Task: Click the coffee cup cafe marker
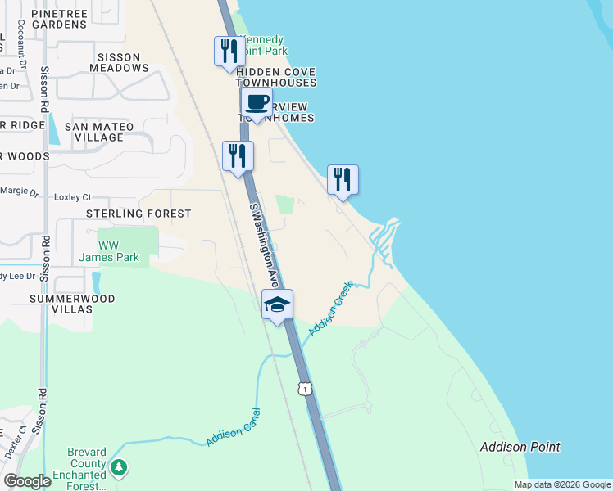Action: click(x=257, y=103)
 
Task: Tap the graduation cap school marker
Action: click(x=278, y=305)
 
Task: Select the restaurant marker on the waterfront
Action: click(x=343, y=180)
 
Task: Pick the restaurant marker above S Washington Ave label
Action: click(x=238, y=155)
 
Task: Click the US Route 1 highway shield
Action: click(x=305, y=389)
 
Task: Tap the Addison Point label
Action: click(x=520, y=447)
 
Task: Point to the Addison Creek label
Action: click(x=330, y=308)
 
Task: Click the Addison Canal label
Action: click(x=234, y=427)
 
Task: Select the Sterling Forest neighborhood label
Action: click(x=138, y=214)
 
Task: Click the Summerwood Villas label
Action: click(x=71, y=305)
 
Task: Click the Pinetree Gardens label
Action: click(x=60, y=19)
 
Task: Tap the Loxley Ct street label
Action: click(x=72, y=197)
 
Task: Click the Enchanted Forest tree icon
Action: click(x=120, y=468)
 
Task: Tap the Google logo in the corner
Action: click(x=27, y=481)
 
